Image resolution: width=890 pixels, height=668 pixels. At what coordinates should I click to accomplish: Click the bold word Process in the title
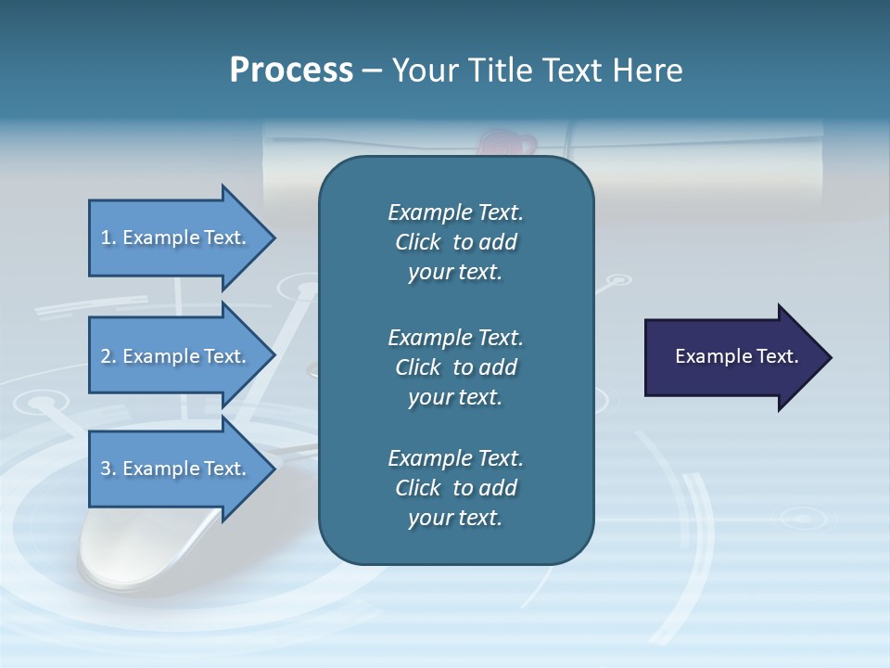[291, 70]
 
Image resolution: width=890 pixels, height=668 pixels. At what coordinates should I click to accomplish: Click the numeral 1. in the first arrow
[108, 238]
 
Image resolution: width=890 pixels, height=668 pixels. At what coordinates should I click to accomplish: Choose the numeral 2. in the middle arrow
[108, 356]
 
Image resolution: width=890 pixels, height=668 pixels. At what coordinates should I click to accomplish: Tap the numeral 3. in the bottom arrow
[108, 469]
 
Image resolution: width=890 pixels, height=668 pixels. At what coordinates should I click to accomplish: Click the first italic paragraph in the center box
[455, 242]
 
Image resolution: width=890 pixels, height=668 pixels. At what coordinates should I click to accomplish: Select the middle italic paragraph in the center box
[455, 367]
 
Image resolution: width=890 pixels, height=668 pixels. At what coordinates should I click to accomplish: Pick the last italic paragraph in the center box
[455, 488]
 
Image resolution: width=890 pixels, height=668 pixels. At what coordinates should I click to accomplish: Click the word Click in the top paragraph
[417, 242]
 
